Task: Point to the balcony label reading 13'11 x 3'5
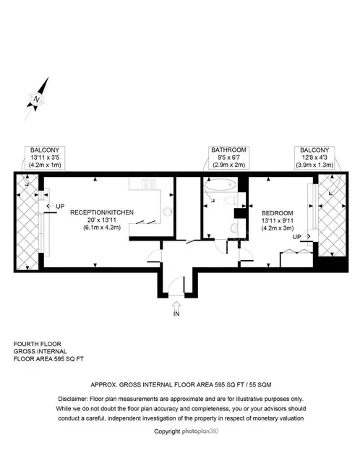(45, 158)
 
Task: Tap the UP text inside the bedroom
(296, 237)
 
